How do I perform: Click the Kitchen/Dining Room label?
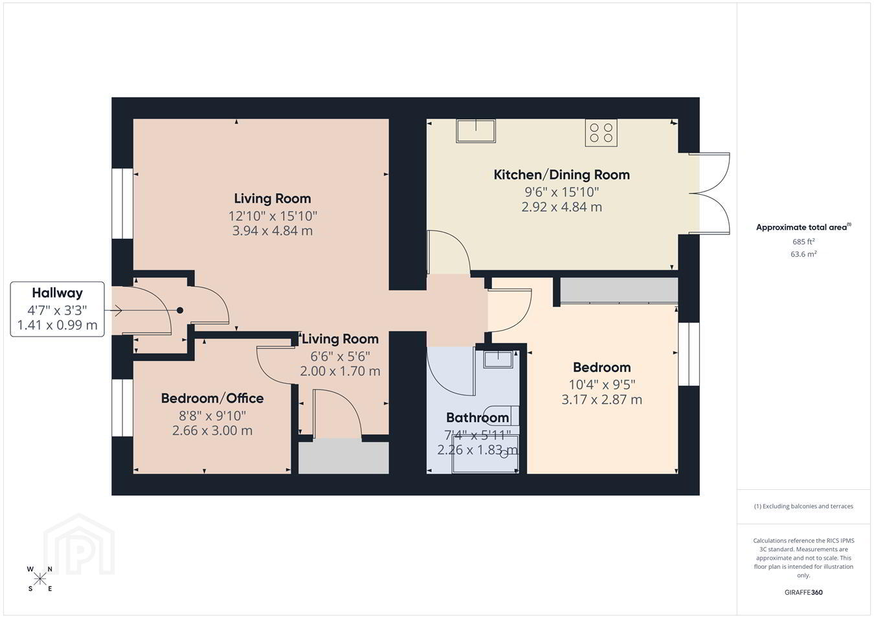tap(561, 175)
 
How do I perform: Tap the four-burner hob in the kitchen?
tap(601, 133)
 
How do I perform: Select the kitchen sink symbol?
tap(476, 131)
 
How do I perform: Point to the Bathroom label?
tap(477, 417)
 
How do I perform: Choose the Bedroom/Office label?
tap(212, 398)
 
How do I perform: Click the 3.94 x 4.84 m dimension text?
tap(273, 230)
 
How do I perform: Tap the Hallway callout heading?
tap(58, 292)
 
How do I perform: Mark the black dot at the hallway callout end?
tap(180, 311)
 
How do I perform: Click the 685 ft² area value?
tap(803, 241)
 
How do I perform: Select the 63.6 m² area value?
tap(803, 254)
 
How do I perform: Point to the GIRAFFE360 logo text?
tap(803, 592)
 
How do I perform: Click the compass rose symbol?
tap(39, 579)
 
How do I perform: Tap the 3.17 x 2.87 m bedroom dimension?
tap(601, 400)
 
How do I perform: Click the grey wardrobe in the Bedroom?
tap(619, 290)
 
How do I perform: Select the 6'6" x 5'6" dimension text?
tap(340, 357)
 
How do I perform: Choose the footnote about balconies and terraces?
tap(803, 506)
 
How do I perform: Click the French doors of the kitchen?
tap(710, 193)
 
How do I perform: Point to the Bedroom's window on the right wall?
tap(689, 354)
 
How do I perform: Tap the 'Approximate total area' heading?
tap(803, 227)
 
